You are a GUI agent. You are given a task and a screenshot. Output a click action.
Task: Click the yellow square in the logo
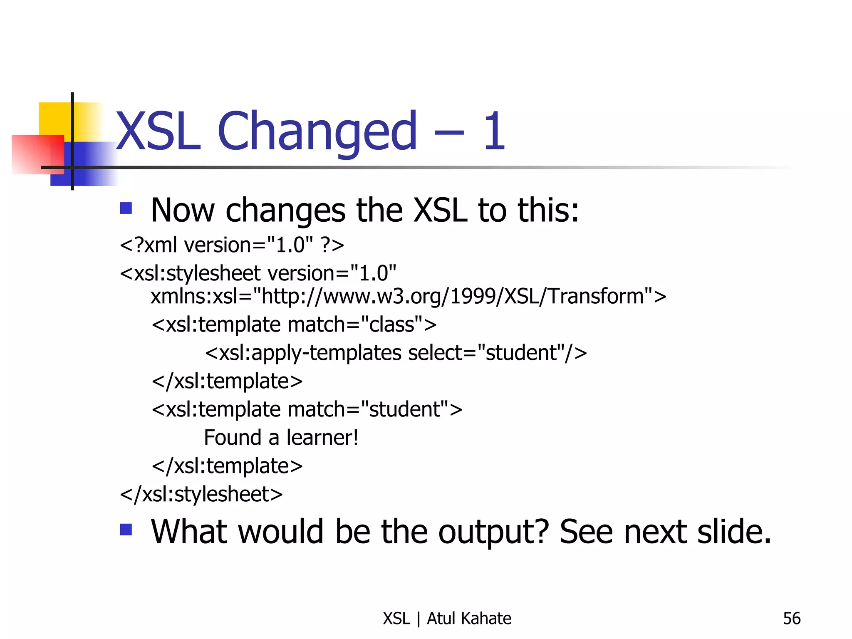pos(54,118)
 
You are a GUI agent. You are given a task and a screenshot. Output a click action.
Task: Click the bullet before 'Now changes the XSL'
pos(126,208)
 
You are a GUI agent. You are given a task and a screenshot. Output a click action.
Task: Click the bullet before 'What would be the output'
pos(126,530)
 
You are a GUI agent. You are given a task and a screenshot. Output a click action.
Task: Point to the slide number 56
pos(791,619)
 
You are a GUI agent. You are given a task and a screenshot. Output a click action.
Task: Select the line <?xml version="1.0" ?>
pos(232,245)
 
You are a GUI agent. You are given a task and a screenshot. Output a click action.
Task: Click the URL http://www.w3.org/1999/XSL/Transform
pos(453,296)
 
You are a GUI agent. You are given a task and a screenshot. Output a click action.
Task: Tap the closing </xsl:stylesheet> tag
pos(201,494)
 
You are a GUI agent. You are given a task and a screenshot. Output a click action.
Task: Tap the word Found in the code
pos(233,438)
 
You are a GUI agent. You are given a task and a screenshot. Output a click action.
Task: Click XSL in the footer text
pos(396,619)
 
